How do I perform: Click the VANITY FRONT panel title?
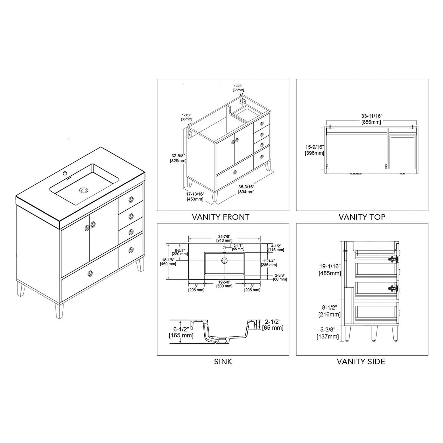point(221,217)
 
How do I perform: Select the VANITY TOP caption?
point(362,217)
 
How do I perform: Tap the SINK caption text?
point(223,361)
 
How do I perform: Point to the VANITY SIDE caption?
point(361,361)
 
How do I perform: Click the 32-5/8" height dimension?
point(178,158)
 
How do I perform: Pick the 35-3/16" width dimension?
point(246,189)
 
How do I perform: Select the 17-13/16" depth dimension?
point(195,196)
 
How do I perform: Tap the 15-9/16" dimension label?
point(315,150)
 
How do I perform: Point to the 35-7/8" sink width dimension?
point(224,238)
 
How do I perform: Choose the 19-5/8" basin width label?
point(224,284)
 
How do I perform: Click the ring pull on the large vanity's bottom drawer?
point(89,274)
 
